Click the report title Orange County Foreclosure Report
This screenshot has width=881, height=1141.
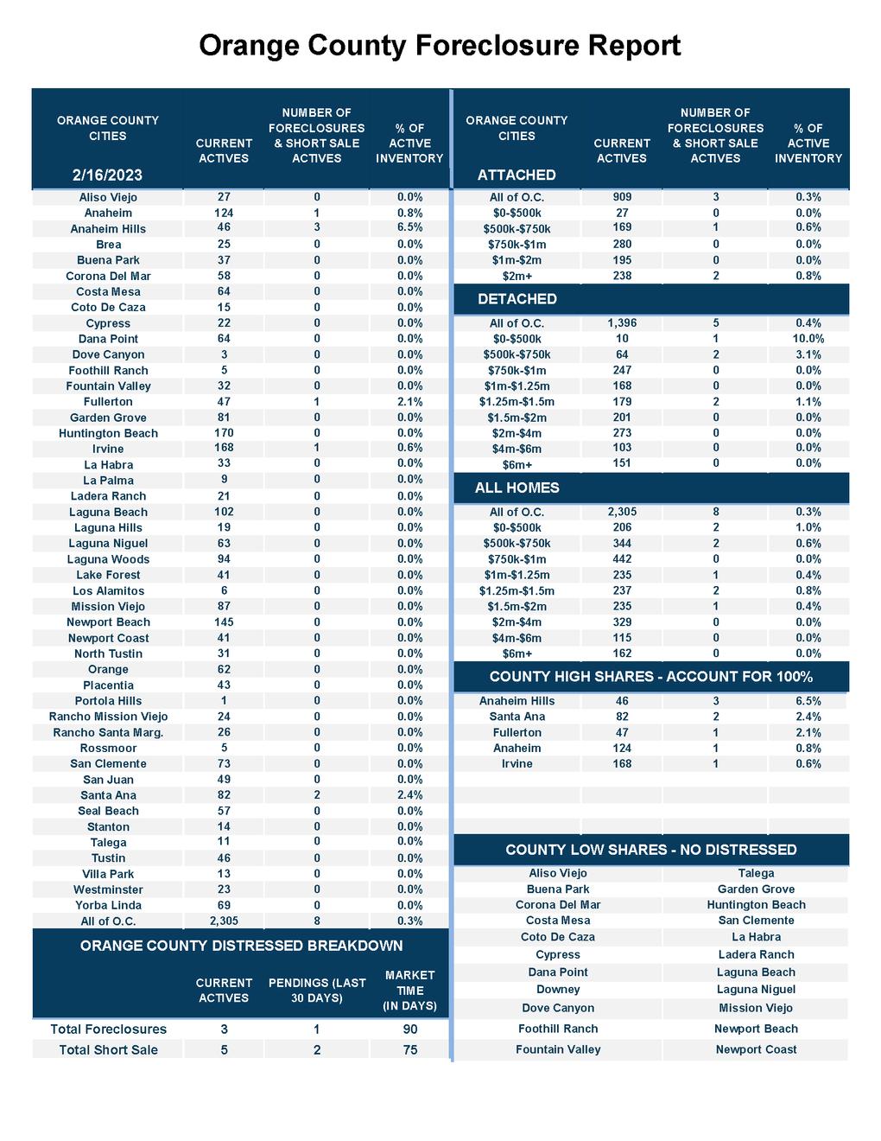pos(440,45)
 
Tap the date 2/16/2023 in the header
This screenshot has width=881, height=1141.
pos(108,175)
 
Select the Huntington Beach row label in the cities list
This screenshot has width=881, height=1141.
pos(108,433)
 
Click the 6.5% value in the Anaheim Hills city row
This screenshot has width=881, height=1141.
pos(409,228)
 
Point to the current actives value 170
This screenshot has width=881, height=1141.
pos(224,433)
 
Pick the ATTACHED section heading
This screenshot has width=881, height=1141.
pos(517,175)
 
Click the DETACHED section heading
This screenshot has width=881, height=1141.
pos(517,299)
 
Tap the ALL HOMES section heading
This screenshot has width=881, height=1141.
pos(517,488)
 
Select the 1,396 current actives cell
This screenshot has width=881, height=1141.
pos(622,323)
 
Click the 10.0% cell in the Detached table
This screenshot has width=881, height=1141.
pos(808,339)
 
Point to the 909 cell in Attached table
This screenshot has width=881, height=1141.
pos(622,197)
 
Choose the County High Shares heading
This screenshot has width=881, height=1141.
pos(650,677)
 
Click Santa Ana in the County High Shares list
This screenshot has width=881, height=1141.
pos(517,717)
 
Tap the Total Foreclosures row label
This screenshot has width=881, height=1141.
pos(108,1029)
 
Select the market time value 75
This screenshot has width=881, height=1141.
pos(409,1050)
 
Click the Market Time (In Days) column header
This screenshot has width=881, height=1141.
pos(409,991)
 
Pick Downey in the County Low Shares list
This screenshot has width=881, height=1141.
pos(558,990)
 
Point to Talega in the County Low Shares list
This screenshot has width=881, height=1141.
pos(756,874)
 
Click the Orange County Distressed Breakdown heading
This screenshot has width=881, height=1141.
pos(241,946)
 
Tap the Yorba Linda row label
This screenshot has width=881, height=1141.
pos(108,905)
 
